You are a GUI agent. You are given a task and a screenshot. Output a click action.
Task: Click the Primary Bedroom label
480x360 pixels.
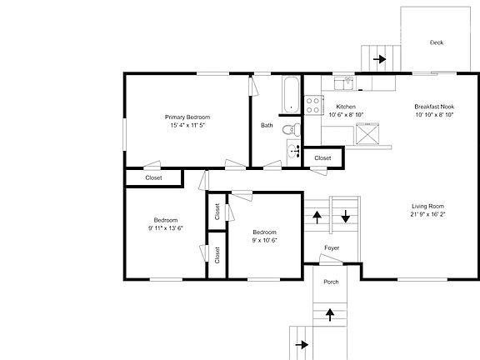(187, 117)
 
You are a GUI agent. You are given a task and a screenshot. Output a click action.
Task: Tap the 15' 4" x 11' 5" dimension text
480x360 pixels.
(187, 126)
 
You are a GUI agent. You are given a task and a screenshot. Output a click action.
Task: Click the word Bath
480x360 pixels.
(267, 126)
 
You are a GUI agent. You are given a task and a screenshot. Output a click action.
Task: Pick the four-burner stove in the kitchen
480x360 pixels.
(314, 105)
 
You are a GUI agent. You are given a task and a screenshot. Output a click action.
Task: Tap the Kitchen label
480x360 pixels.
(346, 107)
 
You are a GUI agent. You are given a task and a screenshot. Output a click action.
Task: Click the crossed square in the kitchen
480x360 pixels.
(367, 133)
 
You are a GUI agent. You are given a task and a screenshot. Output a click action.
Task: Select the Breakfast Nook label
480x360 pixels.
(434, 107)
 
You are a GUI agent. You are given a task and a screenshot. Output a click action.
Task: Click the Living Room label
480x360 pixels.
(428, 206)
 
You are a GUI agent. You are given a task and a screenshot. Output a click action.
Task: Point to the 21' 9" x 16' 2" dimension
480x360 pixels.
(428, 215)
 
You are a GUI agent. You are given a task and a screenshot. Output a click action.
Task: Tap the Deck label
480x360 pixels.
(436, 42)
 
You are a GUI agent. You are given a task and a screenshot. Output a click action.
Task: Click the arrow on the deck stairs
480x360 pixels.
(380, 59)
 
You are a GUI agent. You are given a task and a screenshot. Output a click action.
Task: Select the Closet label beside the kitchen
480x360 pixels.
(322, 157)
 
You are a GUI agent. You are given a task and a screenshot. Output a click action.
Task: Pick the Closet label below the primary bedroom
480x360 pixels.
(153, 177)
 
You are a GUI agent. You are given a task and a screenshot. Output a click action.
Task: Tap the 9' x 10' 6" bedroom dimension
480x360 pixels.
(265, 240)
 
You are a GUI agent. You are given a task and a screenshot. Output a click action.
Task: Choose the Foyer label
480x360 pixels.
(332, 247)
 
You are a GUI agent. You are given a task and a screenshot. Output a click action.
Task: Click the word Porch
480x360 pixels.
(331, 281)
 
